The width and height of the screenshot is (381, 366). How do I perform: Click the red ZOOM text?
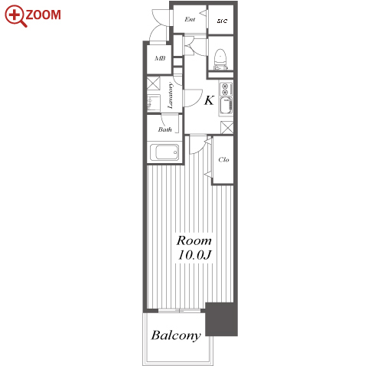[x=43, y=15]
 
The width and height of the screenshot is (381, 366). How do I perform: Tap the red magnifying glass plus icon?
[x=16, y=16]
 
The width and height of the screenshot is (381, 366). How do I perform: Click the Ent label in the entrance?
[x=190, y=19]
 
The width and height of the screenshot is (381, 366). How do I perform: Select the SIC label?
[x=222, y=21]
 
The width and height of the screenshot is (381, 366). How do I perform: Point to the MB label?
[x=160, y=58]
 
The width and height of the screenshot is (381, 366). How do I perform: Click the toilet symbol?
[x=220, y=60]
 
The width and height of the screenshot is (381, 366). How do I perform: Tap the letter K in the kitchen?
[x=209, y=100]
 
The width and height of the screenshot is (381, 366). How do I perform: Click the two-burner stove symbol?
[x=226, y=89]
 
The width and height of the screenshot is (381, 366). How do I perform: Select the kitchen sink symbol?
[x=226, y=106]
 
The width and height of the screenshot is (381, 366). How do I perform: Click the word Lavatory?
[x=170, y=96]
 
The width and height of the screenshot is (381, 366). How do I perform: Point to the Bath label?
[x=164, y=129]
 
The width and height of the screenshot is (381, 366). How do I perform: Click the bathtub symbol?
[x=164, y=152]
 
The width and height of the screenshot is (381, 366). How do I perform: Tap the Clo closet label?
[x=223, y=160]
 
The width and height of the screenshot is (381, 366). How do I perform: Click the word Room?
[x=194, y=240]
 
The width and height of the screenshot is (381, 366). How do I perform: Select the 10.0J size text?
[x=195, y=255]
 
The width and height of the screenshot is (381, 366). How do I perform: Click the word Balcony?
[x=176, y=335]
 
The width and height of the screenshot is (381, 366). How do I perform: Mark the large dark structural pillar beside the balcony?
[x=221, y=319]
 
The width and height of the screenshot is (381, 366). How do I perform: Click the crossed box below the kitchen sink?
[x=226, y=127]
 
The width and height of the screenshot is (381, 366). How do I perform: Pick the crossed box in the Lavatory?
[x=154, y=83]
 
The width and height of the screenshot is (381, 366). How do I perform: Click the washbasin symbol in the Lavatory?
[x=154, y=103]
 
